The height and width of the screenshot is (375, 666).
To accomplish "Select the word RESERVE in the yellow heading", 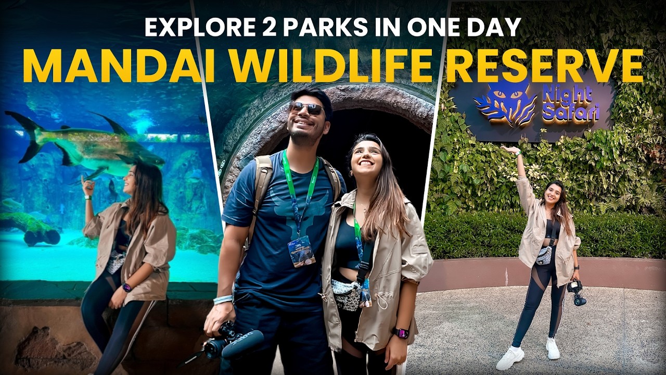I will [545, 67].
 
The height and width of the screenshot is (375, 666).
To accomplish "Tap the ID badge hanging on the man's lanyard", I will [302, 251].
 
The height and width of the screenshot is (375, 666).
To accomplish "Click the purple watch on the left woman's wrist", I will [126, 287].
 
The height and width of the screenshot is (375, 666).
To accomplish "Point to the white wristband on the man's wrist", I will [223, 299].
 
